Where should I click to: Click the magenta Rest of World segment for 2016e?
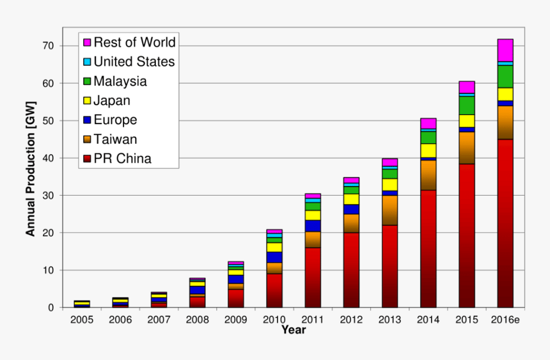pyautogui.click(x=505, y=50)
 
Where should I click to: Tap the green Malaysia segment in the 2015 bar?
pyautogui.click(x=466, y=105)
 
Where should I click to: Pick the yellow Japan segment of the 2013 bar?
pyautogui.click(x=389, y=184)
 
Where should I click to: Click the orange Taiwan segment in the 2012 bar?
pyautogui.click(x=351, y=223)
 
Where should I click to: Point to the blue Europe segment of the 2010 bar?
pyautogui.click(x=274, y=257)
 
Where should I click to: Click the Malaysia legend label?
pyautogui.click(x=120, y=81)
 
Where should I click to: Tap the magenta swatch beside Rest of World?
pyautogui.click(x=87, y=43)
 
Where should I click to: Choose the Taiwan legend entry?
pyautogui.click(x=115, y=139)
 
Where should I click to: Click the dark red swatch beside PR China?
pyautogui.click(x=87, y=159)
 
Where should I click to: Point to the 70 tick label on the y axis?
pyautogui.click(x=48, y=46)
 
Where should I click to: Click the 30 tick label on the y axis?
pyautogui.click(x=48, y=195)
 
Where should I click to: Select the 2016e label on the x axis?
pyautogui.click(x=504, y=319)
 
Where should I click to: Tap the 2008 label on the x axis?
pyautogui.click(x=198, y=319)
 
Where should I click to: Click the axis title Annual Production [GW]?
pyautogui.click(x=31, y=169)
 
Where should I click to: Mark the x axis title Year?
pyautogui.click(x=293, y=330)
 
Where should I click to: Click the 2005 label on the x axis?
pyautogui.click(x=82, y=319)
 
